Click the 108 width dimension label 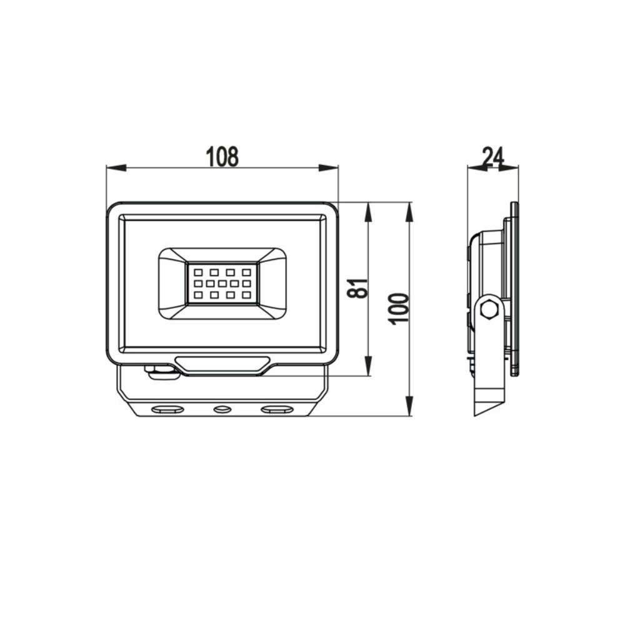click(222, 157)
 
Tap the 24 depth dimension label click(493, 156)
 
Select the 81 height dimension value click(357, 287)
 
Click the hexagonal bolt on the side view click(490, 309)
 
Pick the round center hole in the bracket click(222, 409)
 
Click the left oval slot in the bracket click(167, 409)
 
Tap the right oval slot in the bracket click(277, 409)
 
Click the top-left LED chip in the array click(198, 272)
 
